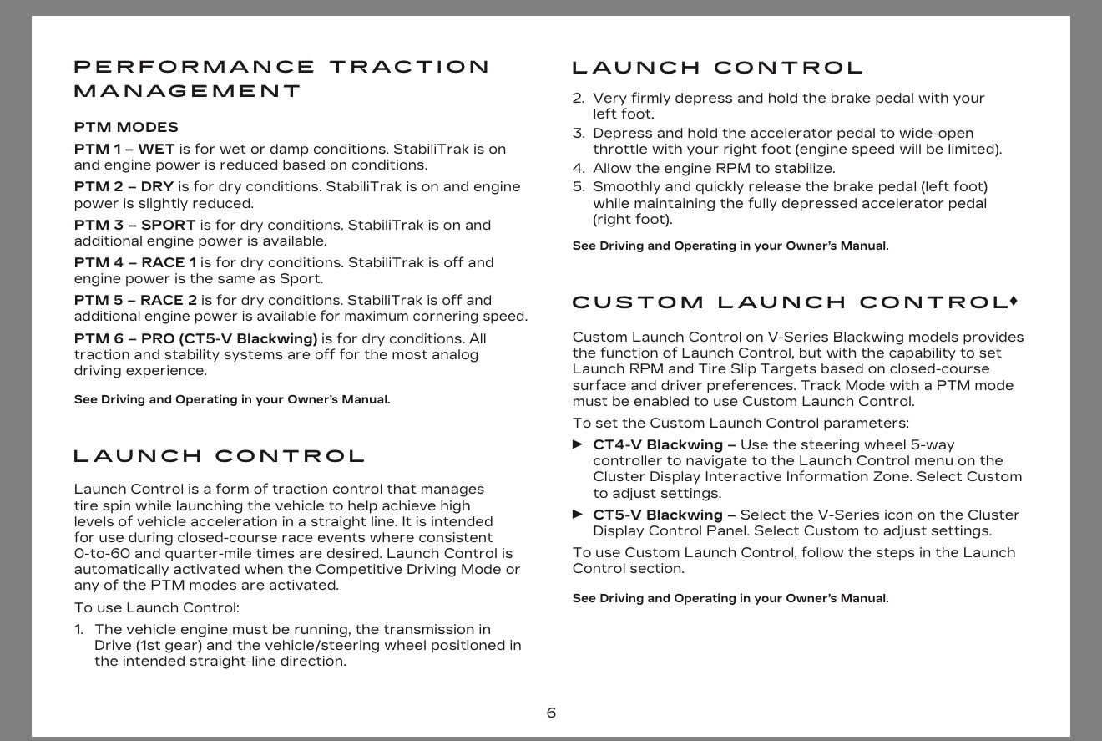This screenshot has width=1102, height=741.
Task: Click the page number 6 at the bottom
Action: point(551,713)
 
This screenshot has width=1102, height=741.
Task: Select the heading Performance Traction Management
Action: point(281,79)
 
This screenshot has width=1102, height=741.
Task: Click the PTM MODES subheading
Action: point(126,127)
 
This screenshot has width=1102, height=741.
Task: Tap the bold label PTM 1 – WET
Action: point(124,149)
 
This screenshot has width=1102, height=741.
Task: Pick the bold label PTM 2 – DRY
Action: point(124,186)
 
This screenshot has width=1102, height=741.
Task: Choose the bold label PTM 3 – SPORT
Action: point(134,225)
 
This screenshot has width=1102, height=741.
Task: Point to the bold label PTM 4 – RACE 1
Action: point(135,262)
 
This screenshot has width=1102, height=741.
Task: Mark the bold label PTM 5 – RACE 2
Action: point(135,300)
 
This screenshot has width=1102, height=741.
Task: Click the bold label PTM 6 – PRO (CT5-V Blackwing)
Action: point(195,338)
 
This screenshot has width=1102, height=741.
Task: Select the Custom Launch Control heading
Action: point(789,302)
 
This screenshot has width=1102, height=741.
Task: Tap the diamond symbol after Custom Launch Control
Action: point(1014,300)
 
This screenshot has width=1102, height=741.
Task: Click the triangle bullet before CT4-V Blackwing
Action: point(578,444)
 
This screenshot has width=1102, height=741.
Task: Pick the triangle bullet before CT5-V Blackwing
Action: point(578,515)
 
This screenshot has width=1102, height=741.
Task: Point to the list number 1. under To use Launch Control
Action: point(79,629)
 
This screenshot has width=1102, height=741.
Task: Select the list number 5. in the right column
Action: point(579,187)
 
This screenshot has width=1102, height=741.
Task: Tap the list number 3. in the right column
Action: point(579,133)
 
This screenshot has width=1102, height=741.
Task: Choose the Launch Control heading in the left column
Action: point(220,456)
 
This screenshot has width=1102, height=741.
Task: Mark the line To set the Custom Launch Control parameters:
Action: point(741,423)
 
